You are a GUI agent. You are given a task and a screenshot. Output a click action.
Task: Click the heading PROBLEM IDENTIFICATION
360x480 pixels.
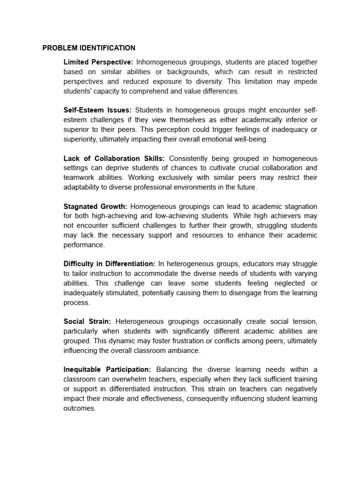[89, 48]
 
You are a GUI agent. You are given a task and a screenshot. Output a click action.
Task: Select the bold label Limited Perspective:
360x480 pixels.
[98, 62]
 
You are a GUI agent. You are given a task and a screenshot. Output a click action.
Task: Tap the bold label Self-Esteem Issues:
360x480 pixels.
[97, 110]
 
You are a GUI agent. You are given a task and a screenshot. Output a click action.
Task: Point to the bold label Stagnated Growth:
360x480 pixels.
[95, 206]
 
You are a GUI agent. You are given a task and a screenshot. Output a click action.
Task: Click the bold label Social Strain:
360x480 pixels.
[87, 322]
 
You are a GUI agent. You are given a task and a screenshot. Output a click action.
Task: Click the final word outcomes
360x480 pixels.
[79, 408]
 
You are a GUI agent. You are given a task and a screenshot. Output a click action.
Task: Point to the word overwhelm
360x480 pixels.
[139, 379]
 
